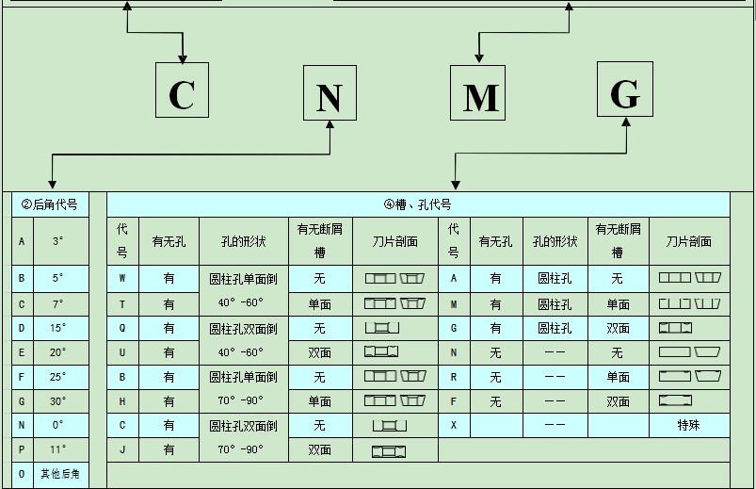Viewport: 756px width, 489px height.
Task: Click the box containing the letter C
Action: (x=182, y=92)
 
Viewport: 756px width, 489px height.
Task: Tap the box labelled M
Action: (x=477, y=92)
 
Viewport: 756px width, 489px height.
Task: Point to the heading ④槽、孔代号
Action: (x=418, y=204)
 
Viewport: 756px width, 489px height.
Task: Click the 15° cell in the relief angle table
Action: (x=58, y=327)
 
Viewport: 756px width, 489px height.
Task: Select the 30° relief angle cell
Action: (x=58, y=400)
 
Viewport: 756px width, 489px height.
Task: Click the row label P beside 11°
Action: (x=22, y=449)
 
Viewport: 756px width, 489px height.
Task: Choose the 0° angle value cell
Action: (x=58, y=425)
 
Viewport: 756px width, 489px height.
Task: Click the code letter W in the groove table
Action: (x=122, y=278)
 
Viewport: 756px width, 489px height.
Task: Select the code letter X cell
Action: (x=454, y=425)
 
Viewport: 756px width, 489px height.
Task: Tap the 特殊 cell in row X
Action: (x=689, y=425)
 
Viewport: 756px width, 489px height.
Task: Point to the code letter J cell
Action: (x=122, y=449)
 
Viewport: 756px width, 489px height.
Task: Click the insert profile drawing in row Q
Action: (x=381, y=327)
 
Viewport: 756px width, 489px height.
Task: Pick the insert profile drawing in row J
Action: (x=388, y=450)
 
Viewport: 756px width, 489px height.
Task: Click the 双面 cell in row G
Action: (x=618, y=327)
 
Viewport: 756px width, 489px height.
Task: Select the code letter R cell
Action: (x=454, y=376)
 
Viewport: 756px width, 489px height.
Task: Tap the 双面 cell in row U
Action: (x=319, y=351)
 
